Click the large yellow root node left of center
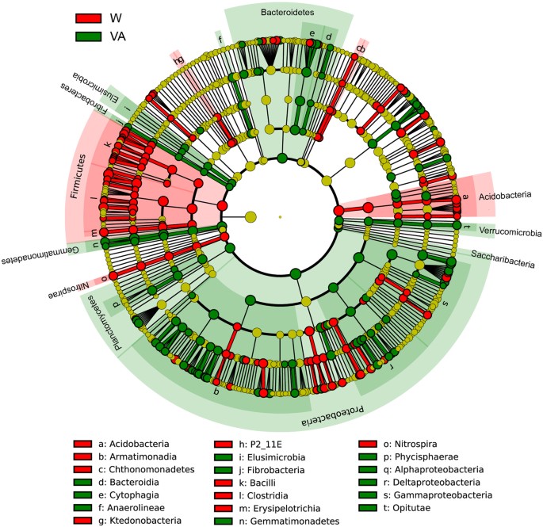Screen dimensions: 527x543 [x=250, y=216]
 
